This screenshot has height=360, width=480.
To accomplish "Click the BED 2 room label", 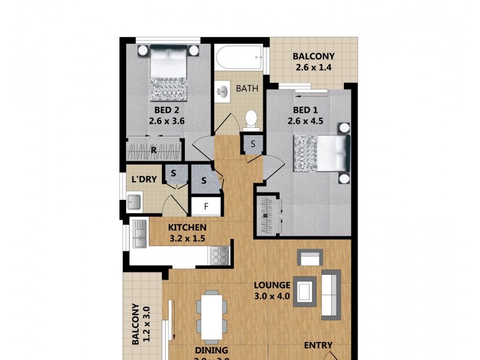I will (166, 110).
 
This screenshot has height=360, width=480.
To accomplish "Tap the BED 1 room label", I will (305, 110).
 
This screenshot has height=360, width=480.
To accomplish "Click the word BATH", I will (247, 89).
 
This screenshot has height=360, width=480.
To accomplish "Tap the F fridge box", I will (206, 207).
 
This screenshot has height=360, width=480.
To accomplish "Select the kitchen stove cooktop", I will (218, 256).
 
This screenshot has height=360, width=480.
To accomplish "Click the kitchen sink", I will (140, 233).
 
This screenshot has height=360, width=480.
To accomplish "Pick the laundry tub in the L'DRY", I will (134, 202).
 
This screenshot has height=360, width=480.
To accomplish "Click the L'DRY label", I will (143, 179).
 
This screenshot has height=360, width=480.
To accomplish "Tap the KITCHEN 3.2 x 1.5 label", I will (187, 233).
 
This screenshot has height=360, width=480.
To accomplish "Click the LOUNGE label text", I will (272, 285).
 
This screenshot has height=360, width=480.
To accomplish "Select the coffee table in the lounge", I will (305, 292).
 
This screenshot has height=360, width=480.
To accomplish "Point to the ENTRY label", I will (318, 345).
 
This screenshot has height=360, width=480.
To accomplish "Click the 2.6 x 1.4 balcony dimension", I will (313, 68).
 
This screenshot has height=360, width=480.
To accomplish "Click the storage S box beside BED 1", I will (253, 144).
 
